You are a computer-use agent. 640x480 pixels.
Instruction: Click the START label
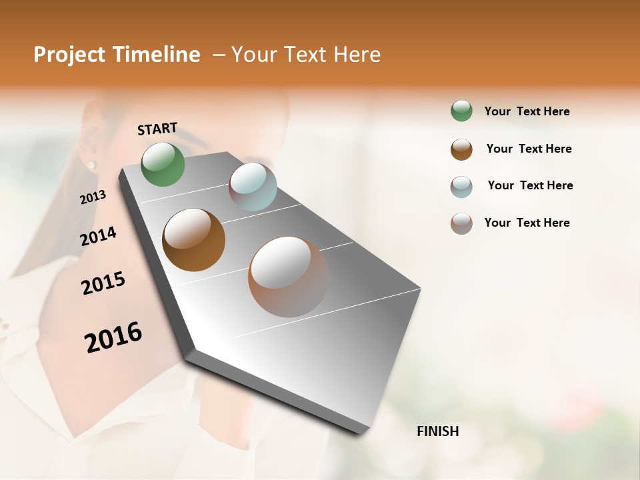(x=157, y=129)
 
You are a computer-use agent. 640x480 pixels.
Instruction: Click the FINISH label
(x=437, y=431)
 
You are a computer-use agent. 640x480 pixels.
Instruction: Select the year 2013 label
(x=93, y=197)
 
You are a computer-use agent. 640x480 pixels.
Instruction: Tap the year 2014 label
(x=98, y=237)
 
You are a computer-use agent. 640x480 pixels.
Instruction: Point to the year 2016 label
(x=113, y=337)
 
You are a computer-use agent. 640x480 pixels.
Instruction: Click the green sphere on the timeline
(x=163, y=164)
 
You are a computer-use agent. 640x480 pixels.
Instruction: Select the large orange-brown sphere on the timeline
(x=193, y=240)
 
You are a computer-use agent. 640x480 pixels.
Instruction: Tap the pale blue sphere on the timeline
(x=253, y=187)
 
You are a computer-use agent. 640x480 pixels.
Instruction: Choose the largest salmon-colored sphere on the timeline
(x=288, y=277)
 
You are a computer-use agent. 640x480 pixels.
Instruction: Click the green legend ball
(x=461, y=111)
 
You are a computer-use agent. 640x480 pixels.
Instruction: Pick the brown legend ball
(x=461, y=149)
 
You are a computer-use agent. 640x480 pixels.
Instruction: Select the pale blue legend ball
(x=461, y=187)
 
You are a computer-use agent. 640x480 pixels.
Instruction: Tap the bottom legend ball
(x=461, y=223)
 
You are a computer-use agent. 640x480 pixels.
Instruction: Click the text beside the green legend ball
(x=527, y=111)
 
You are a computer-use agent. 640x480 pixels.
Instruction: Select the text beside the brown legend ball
(x=529, y=149)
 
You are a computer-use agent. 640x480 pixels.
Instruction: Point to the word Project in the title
(x=69, y=55)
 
